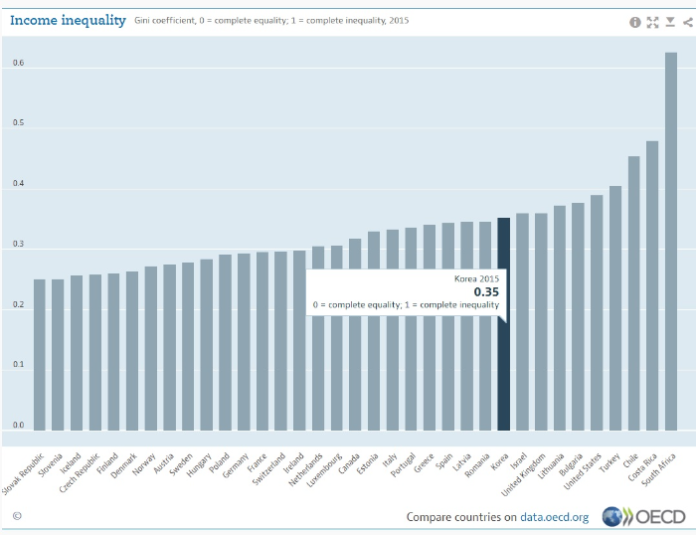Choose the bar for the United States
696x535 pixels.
pyautogui.click(x=597, y=312)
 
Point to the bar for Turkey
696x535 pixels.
pyautogui.click(x=615, y=308)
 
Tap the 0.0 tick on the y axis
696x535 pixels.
pyautogui.click(x=19, y=426)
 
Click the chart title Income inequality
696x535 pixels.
pyautogui.click(x=68, y=20)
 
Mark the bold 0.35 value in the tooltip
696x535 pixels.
pyautogui.click(x=485, y=292)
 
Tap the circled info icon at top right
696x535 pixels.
pyautogui.click(x=635, y=21)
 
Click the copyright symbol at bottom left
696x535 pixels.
pyautogui.click(x=17, y=516)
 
